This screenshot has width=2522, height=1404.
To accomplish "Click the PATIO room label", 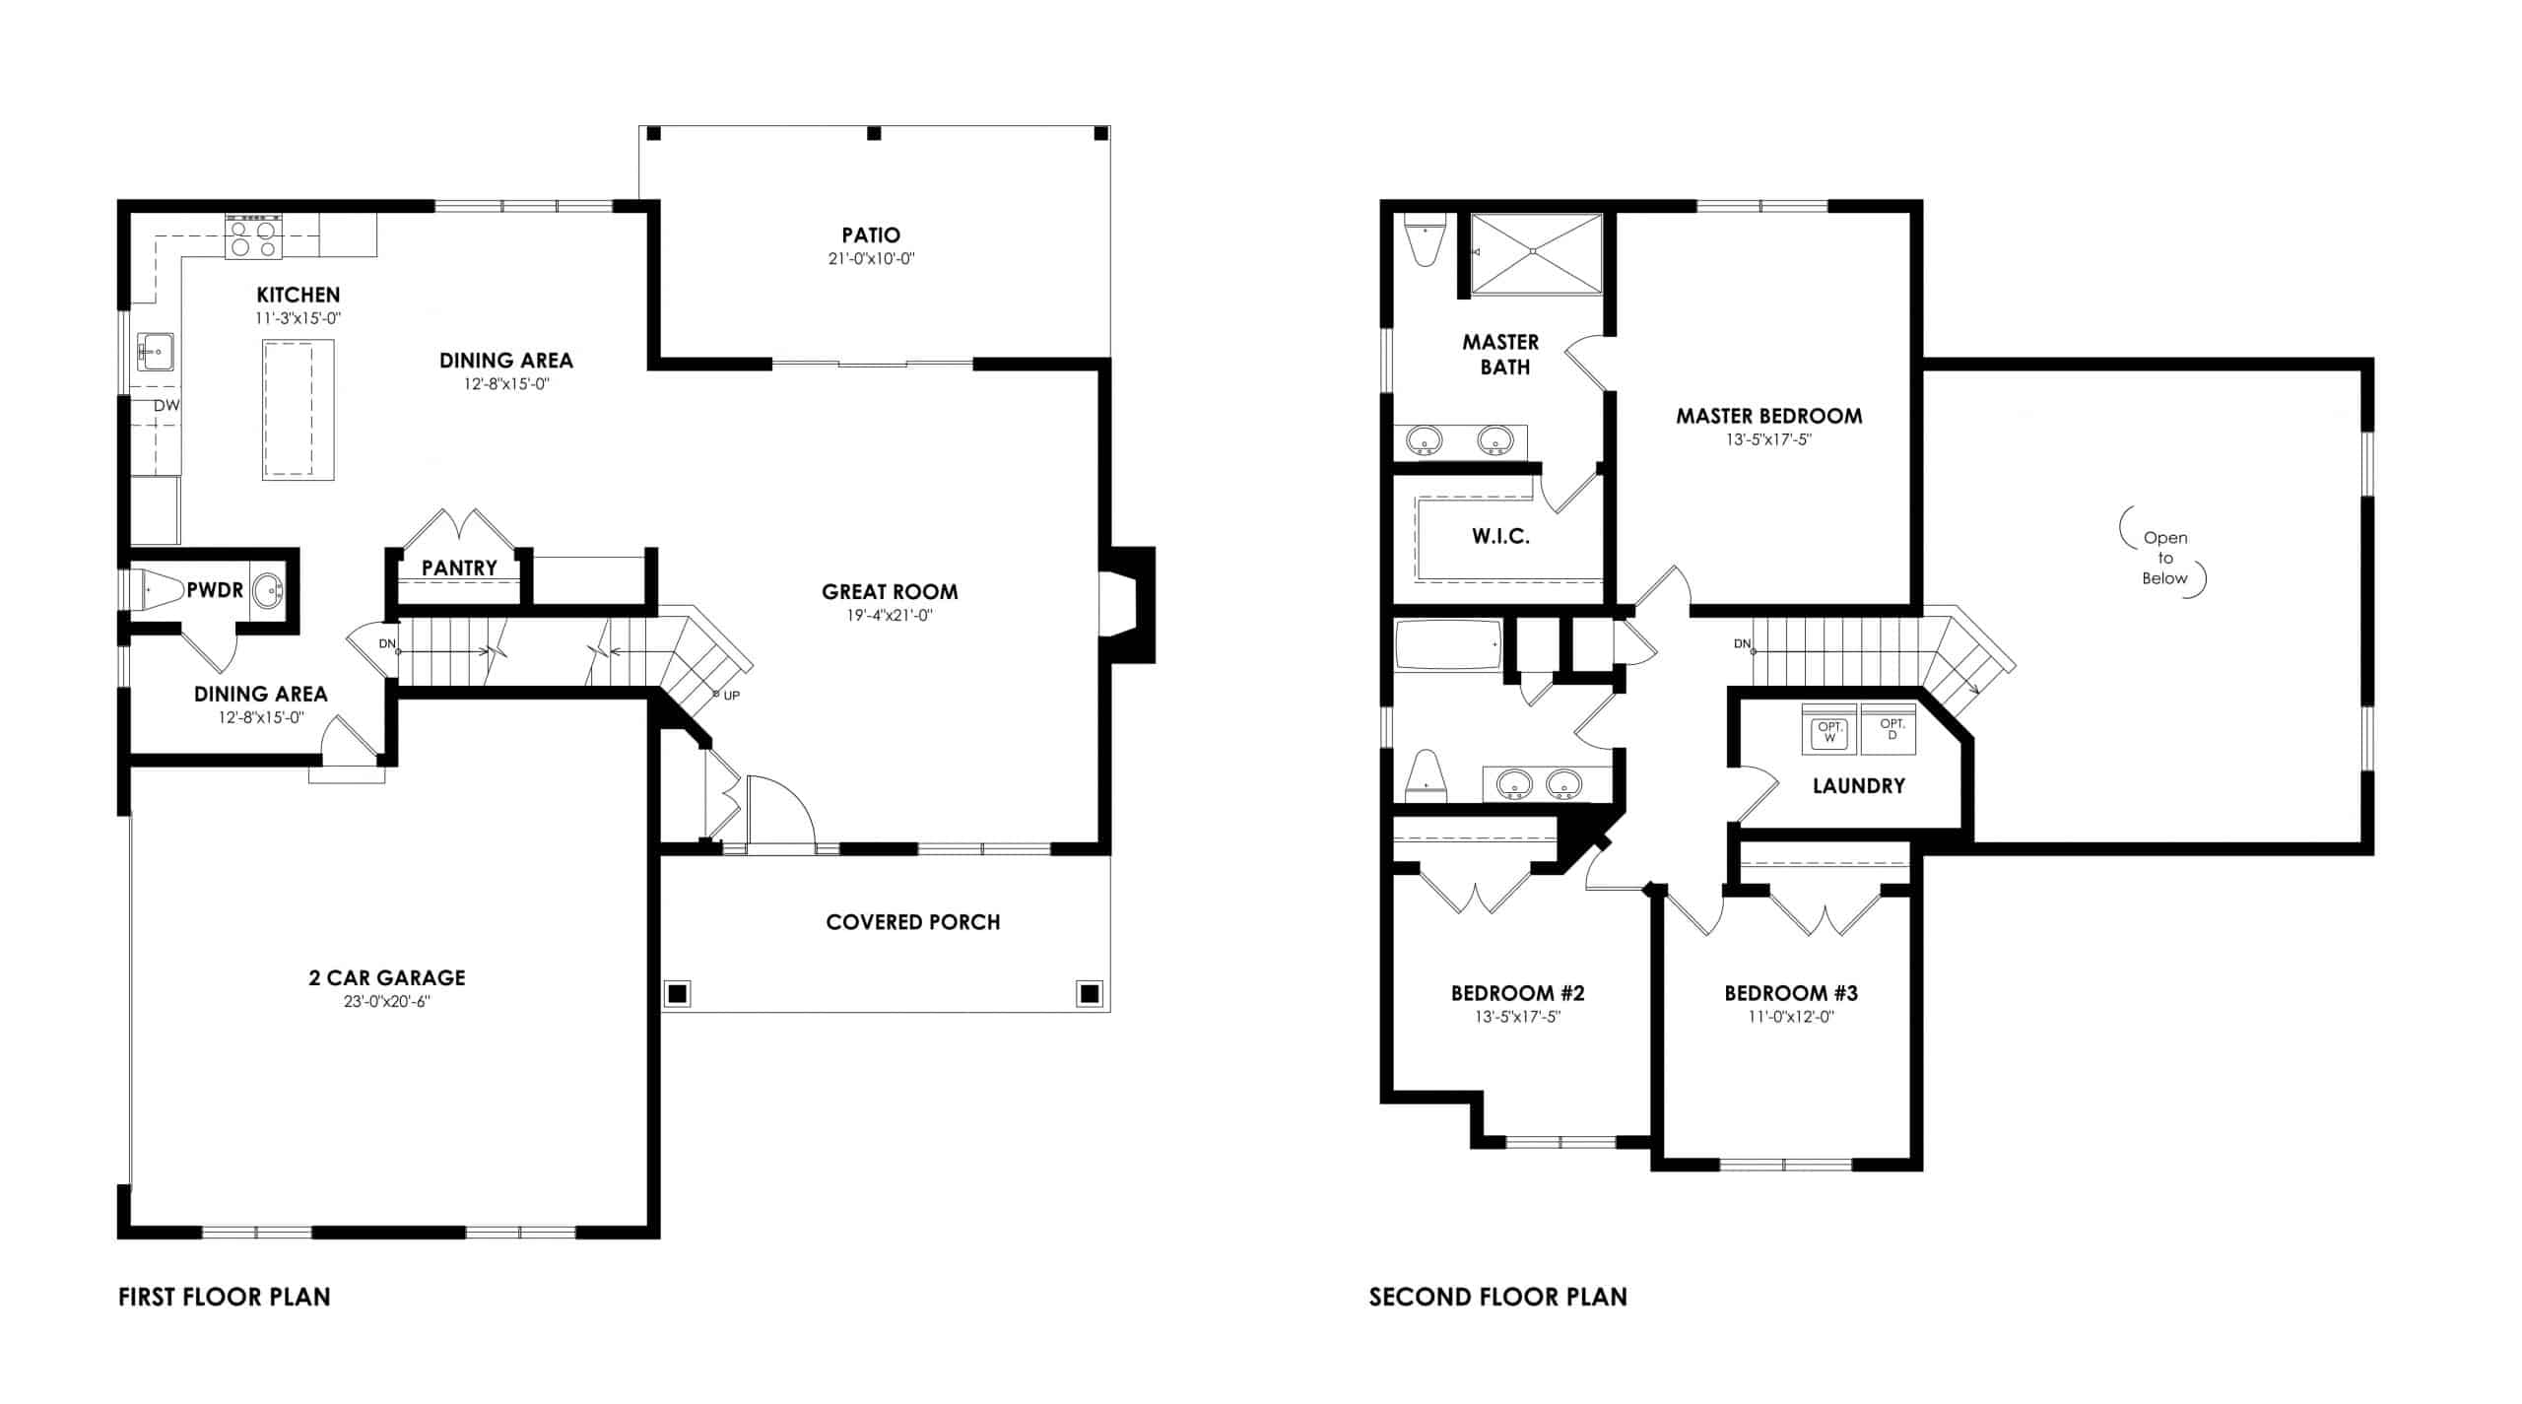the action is (871, 235).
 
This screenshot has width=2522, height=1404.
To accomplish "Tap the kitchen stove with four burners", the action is (253, 236).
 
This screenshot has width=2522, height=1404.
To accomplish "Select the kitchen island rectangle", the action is (298, 410).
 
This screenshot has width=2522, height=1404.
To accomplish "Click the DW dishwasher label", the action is (166, 405).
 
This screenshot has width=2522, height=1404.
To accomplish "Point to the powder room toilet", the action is (158, 590).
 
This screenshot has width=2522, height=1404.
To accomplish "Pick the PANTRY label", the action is (459, 568).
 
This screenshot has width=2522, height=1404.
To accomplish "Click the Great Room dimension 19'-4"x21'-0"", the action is (890, 616).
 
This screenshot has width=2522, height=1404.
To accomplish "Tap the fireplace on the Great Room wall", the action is (1129, 604).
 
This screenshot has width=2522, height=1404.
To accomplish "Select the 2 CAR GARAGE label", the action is (387, 977).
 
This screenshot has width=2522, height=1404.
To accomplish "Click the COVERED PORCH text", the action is (913, 922).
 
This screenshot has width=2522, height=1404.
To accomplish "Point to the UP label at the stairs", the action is (731, 696).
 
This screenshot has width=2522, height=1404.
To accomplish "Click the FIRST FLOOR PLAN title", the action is (225, 1297).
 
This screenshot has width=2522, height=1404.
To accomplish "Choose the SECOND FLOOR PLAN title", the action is (1498, 1297).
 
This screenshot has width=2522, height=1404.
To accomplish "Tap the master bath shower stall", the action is (1536, 253).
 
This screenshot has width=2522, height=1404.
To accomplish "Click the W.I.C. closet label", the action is (1500, 537).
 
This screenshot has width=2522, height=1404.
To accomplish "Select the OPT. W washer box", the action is (1829, 730).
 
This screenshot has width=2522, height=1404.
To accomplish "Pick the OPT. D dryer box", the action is (1890, 730).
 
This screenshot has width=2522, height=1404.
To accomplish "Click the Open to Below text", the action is (2164, 558).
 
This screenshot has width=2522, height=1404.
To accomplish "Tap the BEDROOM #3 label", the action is (1791, 993).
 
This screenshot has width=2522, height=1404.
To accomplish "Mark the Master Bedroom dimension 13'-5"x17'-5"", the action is (1768, 440).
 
